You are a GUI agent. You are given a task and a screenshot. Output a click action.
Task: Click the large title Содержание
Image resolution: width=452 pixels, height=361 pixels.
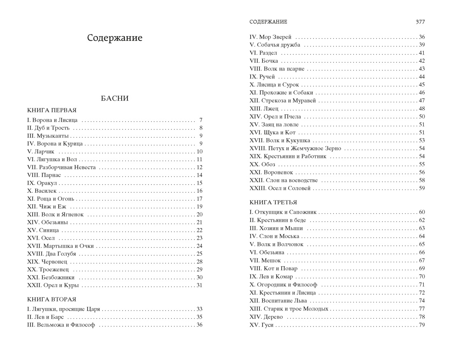[x=115, y=38]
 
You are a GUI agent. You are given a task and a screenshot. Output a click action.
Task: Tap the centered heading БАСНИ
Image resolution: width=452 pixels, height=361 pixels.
[x=115, y=98]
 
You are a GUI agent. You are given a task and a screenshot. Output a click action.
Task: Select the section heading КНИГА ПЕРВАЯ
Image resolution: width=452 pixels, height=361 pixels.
[x=52, y=110]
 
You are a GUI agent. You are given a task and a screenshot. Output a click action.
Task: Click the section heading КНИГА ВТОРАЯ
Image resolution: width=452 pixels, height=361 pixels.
[x=52, y=299]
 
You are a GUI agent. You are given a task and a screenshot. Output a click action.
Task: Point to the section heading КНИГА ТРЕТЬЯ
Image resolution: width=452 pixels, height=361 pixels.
[x=273, y=202]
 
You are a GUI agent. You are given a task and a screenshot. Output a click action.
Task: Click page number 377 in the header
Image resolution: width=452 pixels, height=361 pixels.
[x=420, y=22]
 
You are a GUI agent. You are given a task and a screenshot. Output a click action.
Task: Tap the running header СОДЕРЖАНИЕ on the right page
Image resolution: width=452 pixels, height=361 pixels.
[x=268, y=22]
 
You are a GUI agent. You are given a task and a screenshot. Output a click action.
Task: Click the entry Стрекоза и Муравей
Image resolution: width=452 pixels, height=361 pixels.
[x=284, y=101]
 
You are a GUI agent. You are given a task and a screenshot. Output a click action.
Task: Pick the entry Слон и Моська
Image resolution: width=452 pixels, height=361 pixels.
[x=274, y=236]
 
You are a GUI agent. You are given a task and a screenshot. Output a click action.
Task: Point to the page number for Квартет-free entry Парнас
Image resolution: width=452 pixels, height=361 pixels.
[x=200, y=175]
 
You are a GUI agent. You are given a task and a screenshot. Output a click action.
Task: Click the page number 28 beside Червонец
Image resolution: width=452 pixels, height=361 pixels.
[x=200, y=262]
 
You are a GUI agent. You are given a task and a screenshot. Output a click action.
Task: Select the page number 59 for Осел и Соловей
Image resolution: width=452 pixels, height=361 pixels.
[x=422, y=188]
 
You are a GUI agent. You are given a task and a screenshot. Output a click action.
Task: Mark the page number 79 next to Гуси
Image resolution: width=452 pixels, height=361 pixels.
[x=422, y=325]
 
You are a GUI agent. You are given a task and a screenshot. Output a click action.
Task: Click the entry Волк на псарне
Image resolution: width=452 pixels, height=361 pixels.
[x=277, y=69]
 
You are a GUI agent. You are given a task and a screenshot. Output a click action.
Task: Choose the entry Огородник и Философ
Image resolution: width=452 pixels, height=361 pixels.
[x=283, y=285]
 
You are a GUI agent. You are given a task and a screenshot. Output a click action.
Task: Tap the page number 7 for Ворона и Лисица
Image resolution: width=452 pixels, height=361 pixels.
[x=201, y=120]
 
